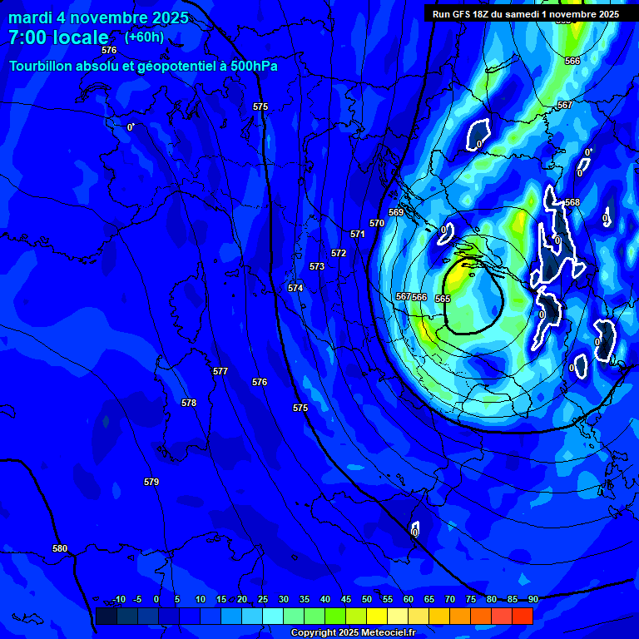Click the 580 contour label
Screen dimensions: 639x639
click(60, 548)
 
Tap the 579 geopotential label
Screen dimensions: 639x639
click(151, 482)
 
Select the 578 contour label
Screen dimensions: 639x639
click(189, 403)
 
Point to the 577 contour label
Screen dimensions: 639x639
click(220, 371)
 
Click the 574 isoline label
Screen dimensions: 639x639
click(295, 288)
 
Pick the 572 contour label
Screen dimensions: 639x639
click(339, 253)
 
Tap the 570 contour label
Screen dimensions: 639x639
click(377, 223)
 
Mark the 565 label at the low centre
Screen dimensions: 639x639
click(443, 299)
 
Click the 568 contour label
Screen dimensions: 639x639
click(572, 202)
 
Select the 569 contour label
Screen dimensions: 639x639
click(396, 212)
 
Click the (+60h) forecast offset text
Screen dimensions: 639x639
click(144, 37)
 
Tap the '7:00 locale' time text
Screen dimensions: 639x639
click(58, 37)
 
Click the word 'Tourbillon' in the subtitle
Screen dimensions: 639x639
click(45, 67)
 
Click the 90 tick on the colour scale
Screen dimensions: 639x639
click(532, 599)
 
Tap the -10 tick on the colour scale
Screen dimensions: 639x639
click(119, 599)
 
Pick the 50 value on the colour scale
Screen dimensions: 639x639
click(367, 599)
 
